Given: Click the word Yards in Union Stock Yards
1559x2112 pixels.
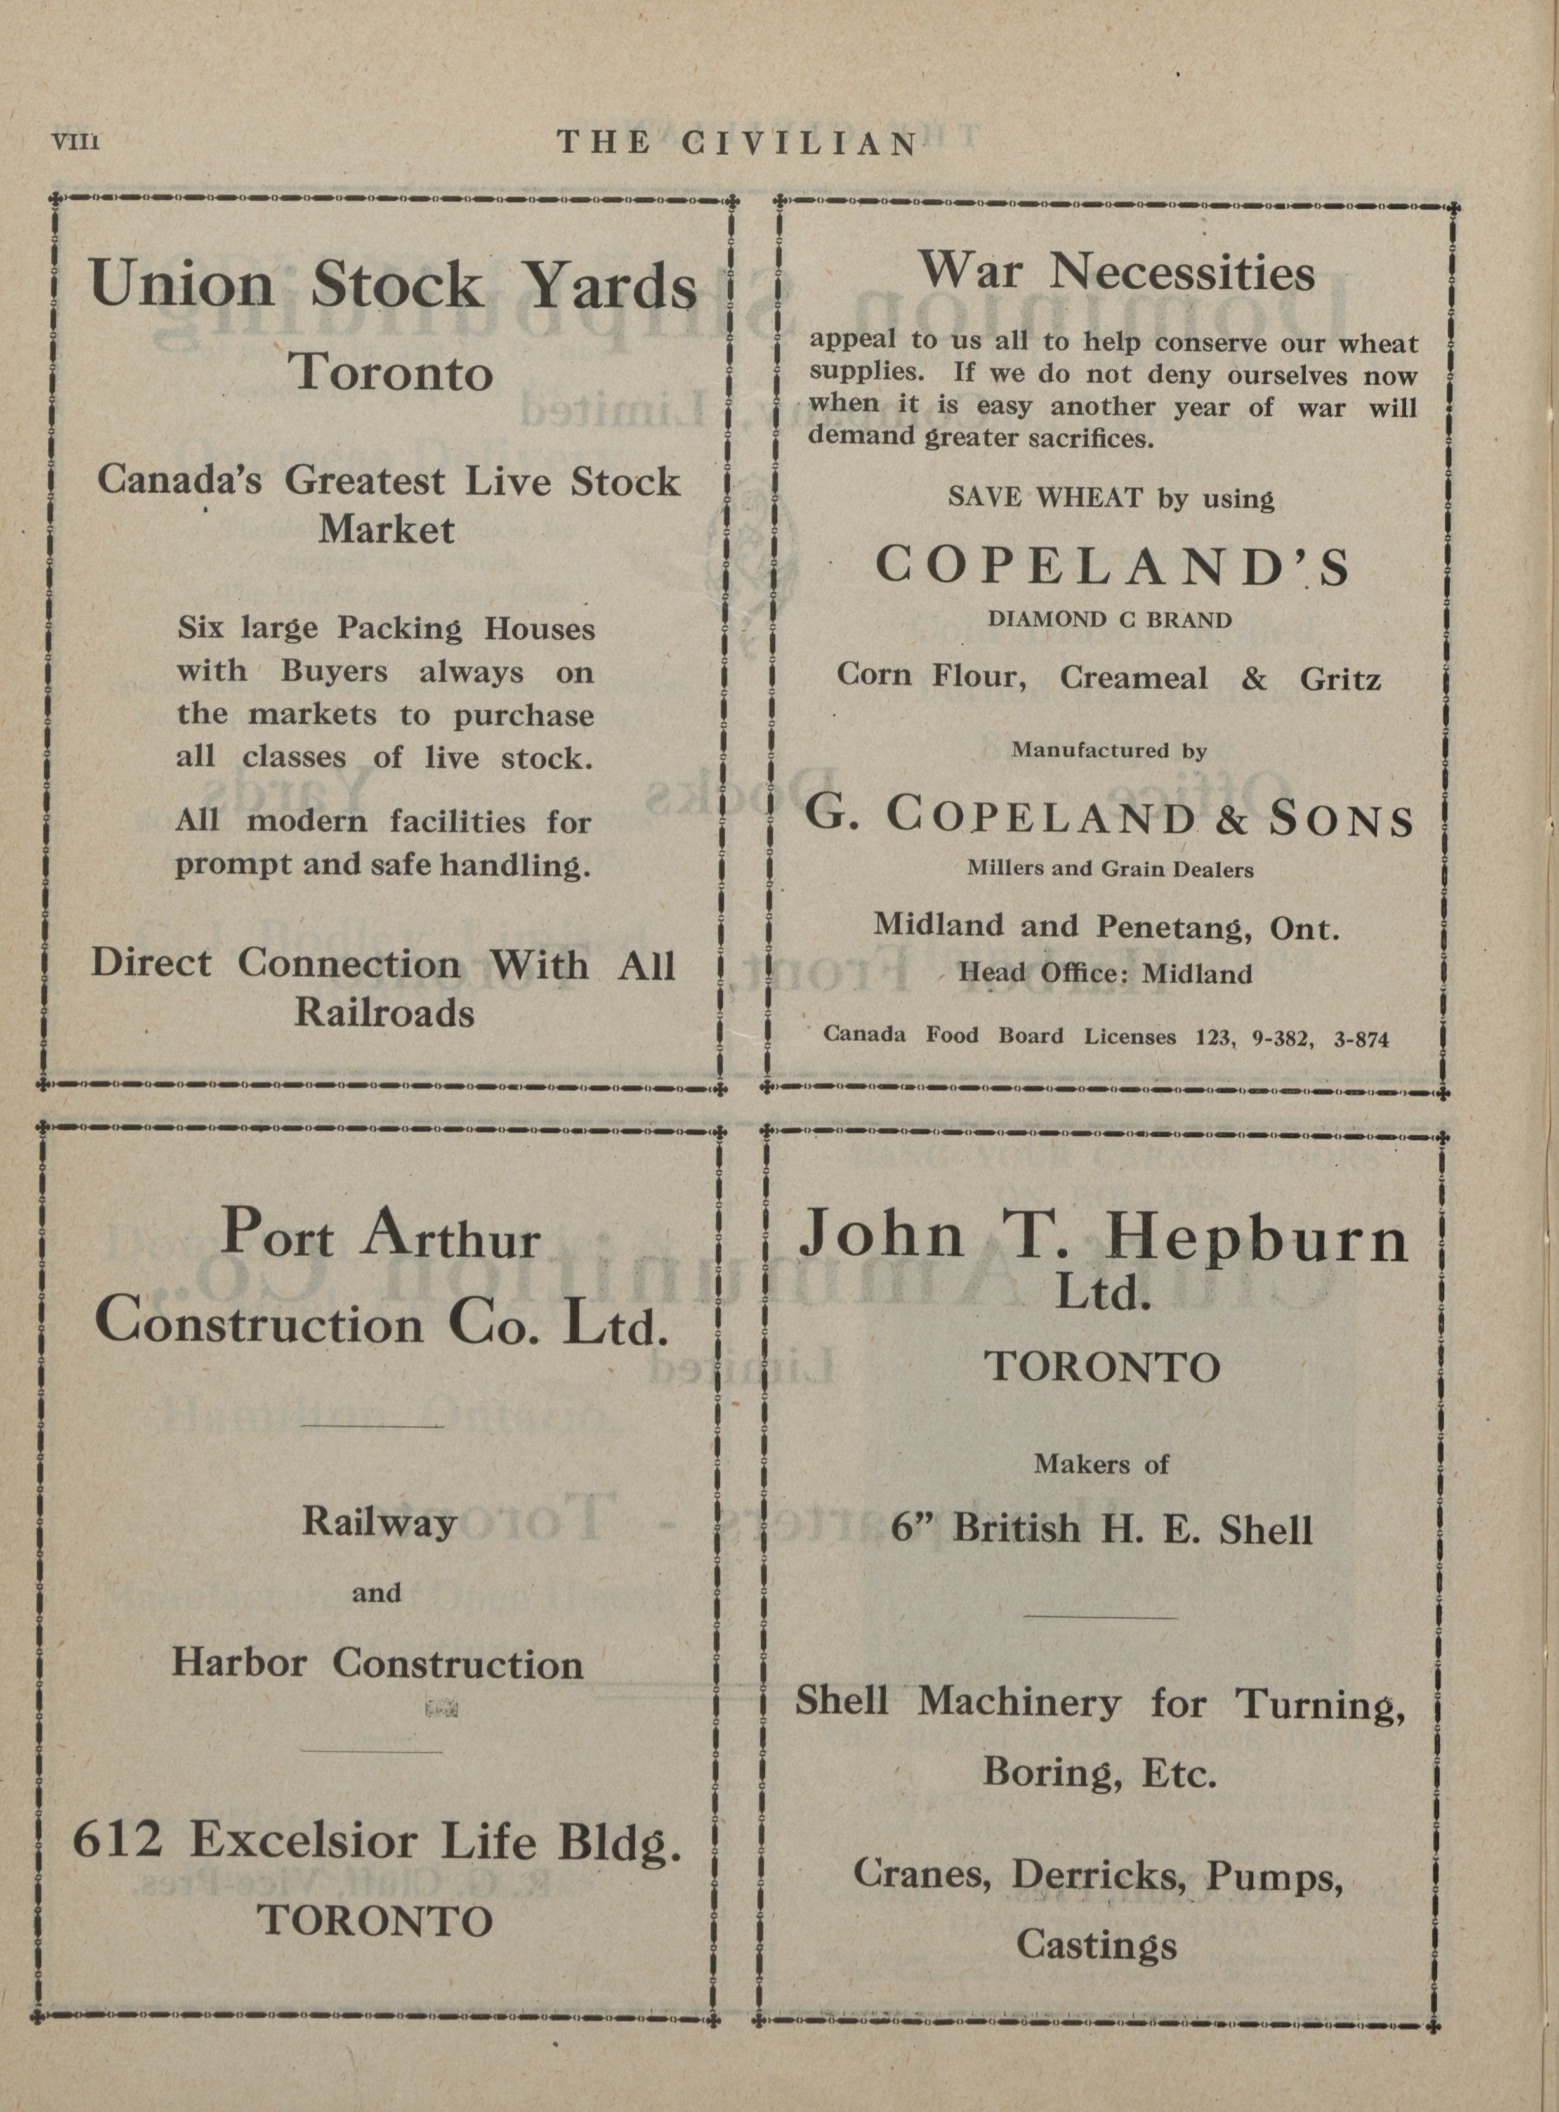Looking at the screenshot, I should [610, 287].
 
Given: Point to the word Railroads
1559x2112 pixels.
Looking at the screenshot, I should [384, 1012].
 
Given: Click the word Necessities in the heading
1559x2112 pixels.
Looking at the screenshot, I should [1183, 273].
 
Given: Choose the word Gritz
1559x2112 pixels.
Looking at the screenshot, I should [1340, 678].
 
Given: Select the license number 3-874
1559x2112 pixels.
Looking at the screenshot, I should [1362, 1038].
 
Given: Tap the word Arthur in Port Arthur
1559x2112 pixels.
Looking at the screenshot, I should [449, 1237].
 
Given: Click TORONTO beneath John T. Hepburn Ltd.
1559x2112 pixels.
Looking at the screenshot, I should [1102, 1367].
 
